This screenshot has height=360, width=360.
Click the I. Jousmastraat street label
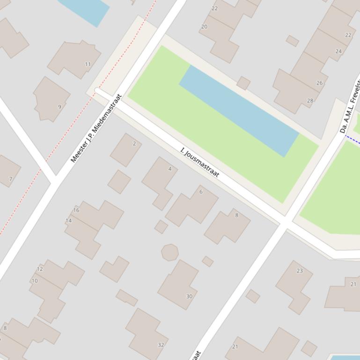tap(200, 163)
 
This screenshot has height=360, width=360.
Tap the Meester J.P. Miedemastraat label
tap(96, 128)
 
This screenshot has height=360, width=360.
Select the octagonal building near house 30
tap(169, 252)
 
